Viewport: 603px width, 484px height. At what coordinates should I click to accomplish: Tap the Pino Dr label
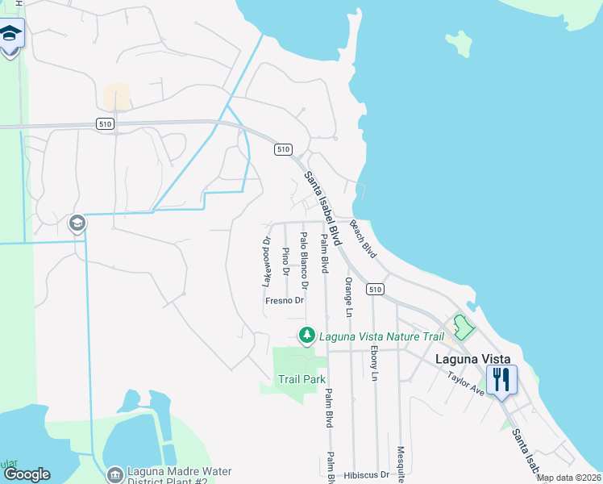[285, 261]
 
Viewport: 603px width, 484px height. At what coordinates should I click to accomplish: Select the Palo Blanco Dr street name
[304, 261]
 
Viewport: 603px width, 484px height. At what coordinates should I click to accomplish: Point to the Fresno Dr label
[285, 301]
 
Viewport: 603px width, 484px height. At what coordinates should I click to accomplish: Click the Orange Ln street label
[349, 297]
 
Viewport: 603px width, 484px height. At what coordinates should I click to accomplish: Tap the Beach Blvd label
[363, 239]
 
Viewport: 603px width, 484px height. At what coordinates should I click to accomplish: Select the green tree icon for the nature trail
[306, 335]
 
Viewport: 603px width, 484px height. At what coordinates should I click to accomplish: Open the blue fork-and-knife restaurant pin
[501, 380]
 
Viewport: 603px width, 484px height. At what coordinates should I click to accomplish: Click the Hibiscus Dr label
[372, 475]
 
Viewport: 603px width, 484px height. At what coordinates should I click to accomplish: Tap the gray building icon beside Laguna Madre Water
[115, 474]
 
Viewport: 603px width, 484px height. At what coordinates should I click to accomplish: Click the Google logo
[27, 474]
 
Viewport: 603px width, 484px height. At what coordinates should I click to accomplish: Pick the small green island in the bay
[460, 44]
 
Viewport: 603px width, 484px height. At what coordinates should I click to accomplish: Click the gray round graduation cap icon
[77, 223]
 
